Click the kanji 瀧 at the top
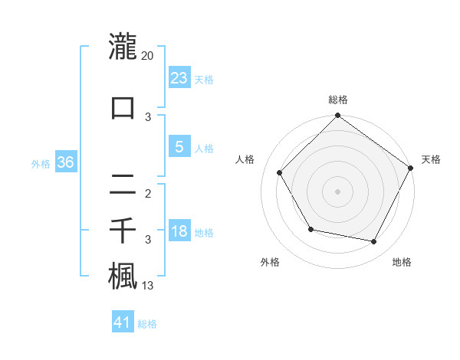(123, 47)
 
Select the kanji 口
(123, 107)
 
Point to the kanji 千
(123, 231)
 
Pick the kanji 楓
(123, 277)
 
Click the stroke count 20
(148, 55)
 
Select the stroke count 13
(148, 286)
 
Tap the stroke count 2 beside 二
(148, 193)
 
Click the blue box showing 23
(179, 77)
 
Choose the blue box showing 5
(179, 147)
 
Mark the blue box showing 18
(179, 231)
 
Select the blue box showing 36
(65, 162)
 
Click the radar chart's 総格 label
(338, 100)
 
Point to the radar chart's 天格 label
(431, 159)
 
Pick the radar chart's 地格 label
(402, 262)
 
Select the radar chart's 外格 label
(270, 262)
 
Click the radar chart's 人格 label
(245, 159)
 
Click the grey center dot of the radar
(337, 191)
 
